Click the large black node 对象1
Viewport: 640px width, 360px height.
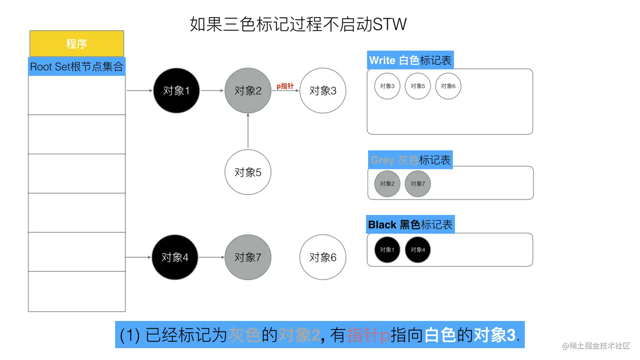[x=176, y=91]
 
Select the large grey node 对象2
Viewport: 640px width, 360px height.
[x=248, y=91]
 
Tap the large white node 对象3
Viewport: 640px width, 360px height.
[x=323, y=91]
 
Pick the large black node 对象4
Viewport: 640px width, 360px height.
[x=175, y=257]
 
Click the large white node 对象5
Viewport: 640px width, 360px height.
[x=248, y=172]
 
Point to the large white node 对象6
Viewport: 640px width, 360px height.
[x=323, y=257]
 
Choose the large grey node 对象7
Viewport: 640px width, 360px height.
[x=248, y=257]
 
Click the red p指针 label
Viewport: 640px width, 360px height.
[x=285, y=86]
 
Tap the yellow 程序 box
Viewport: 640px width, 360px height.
[x=77, y=44]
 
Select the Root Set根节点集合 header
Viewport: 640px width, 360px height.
[x=77, y=66]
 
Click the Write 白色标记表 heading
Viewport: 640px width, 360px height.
[x=410, y=60]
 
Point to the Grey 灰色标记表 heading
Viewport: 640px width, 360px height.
[x=410, y=160]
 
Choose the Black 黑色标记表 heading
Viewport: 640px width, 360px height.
[x=410, y=225]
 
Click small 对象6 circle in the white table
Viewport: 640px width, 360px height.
[x=448, y=86]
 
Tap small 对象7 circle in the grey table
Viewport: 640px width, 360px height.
[x=417, y=184]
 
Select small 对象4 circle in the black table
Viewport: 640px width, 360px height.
[x=417, y=250]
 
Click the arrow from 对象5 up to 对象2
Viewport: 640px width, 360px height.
[x=248, y=131]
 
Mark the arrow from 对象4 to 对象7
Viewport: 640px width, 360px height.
[x=211, y=257]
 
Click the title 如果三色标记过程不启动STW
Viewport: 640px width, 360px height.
[x=298, y=24]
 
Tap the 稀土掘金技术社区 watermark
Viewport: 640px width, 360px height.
[x=596, y=346]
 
